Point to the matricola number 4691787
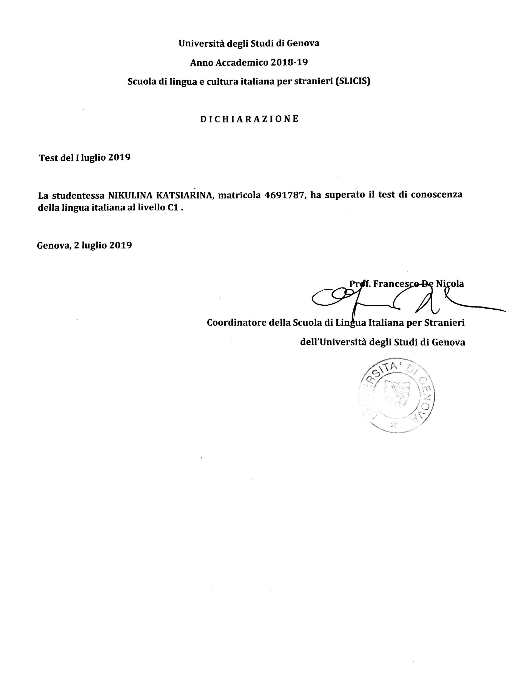[285, 195]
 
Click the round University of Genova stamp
[397, 395]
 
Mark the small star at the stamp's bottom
[393, 424]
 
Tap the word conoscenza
[436, 195]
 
